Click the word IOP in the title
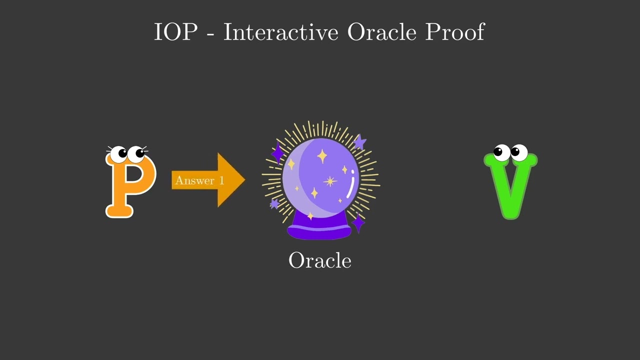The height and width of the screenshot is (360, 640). (175, 32)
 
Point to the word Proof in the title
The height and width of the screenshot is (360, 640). (454, 32)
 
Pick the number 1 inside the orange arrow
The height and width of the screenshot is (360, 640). (220, 180)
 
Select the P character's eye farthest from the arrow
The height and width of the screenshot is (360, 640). (119, 154)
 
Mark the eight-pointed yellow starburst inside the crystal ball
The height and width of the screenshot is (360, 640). (329, 181)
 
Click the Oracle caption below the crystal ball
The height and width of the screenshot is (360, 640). (320, 260)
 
